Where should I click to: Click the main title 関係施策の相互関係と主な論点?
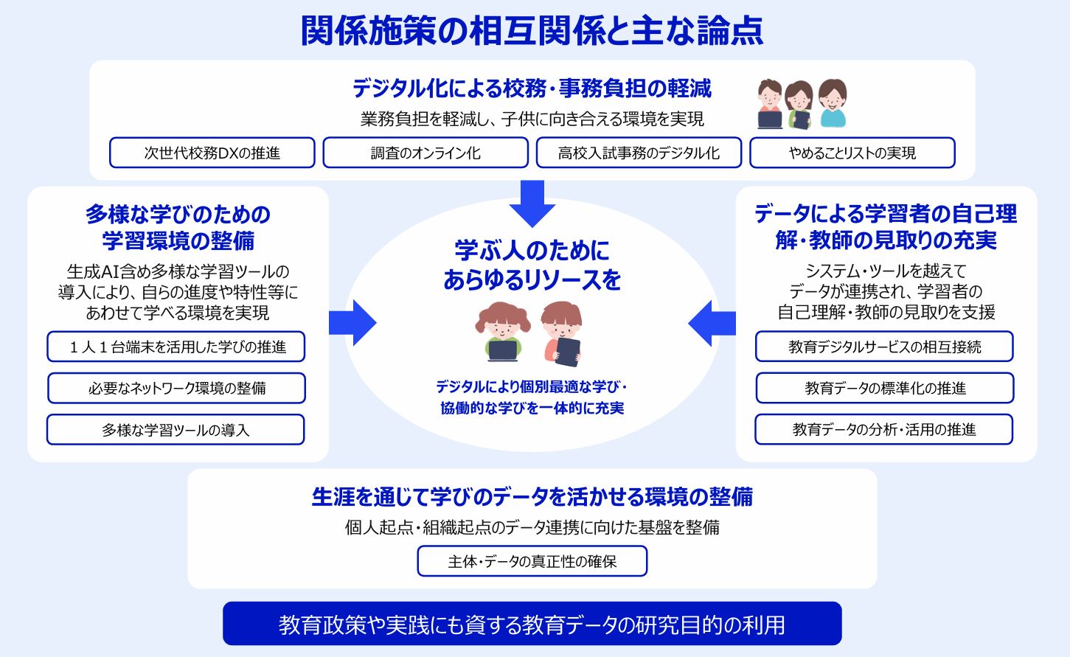[532, 31]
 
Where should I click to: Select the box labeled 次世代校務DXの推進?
[212, 153]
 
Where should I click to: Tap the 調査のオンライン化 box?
[425, 153]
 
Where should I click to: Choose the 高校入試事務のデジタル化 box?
[639, 153]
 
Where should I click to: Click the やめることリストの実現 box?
[852, 153]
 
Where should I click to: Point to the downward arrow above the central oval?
[532, 203]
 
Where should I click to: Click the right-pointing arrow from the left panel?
[352, 323]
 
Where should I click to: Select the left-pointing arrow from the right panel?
[712, 323]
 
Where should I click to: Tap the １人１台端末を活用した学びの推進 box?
[176, 347]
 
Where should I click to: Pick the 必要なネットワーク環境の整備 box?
[176, 388]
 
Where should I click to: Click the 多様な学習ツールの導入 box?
[176, 430]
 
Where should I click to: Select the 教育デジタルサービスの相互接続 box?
[884, 347]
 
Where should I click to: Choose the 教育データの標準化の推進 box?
[885, 388]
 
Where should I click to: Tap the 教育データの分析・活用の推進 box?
[883, 430]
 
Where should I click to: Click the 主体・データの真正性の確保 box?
[532, 561]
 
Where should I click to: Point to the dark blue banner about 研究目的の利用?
[532, 624]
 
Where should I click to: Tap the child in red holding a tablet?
[562, 334]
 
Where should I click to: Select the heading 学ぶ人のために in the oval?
[532, 251]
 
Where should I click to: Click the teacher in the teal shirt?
[833, 103]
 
